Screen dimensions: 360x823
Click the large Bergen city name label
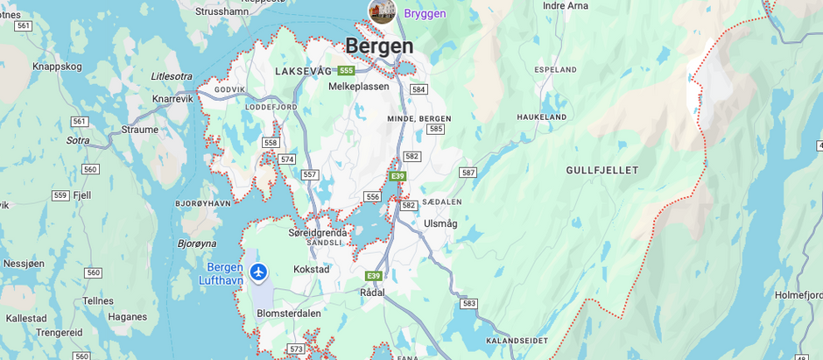(379, 46)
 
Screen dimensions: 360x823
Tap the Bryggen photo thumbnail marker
(382, 11)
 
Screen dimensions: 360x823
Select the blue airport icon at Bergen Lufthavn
(257, 272)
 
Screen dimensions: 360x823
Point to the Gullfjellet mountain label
(602, 170)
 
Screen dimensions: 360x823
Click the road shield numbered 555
(346, 70)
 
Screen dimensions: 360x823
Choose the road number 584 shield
(419, 89)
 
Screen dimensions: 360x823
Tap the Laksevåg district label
(303, 71)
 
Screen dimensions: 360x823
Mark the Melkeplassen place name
(358, 87)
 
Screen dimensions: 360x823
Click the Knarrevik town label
(172, 99)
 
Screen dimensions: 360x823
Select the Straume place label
(139, 130)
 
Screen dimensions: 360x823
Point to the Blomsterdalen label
(289, 313)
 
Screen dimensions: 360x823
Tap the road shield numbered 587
(468, 173)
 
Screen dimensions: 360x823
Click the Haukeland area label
(541, 116)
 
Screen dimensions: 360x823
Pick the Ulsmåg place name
(440, 223)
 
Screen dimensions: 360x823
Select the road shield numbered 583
(469, 303)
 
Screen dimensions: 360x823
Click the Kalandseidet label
(517, 340)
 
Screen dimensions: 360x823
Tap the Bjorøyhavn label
(203, 202)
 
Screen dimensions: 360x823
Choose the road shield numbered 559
(60, 195)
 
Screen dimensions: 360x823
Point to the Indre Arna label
(566, 5)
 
